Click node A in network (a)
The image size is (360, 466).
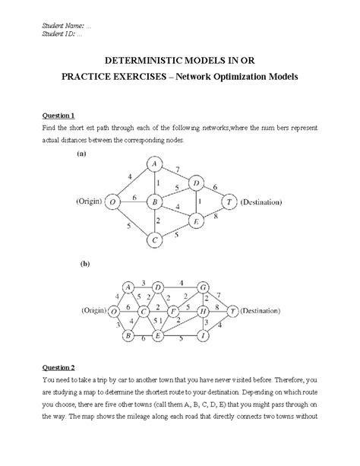[x=153, y=164]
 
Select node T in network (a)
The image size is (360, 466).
[x=228, y=202]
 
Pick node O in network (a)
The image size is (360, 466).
[x=112, y=202]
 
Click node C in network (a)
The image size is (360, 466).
[x=153, y=240]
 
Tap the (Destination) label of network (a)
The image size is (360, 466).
[x=261, y=202]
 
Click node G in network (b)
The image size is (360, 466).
[x=203, y=287]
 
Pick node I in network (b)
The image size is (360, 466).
[x=203, y=334]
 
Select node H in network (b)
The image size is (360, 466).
[x=203, y=311]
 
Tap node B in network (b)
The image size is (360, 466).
[x=128, y=334]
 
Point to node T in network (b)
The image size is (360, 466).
[x=233, y=311]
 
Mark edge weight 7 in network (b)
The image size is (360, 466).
[x=219, y=295]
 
